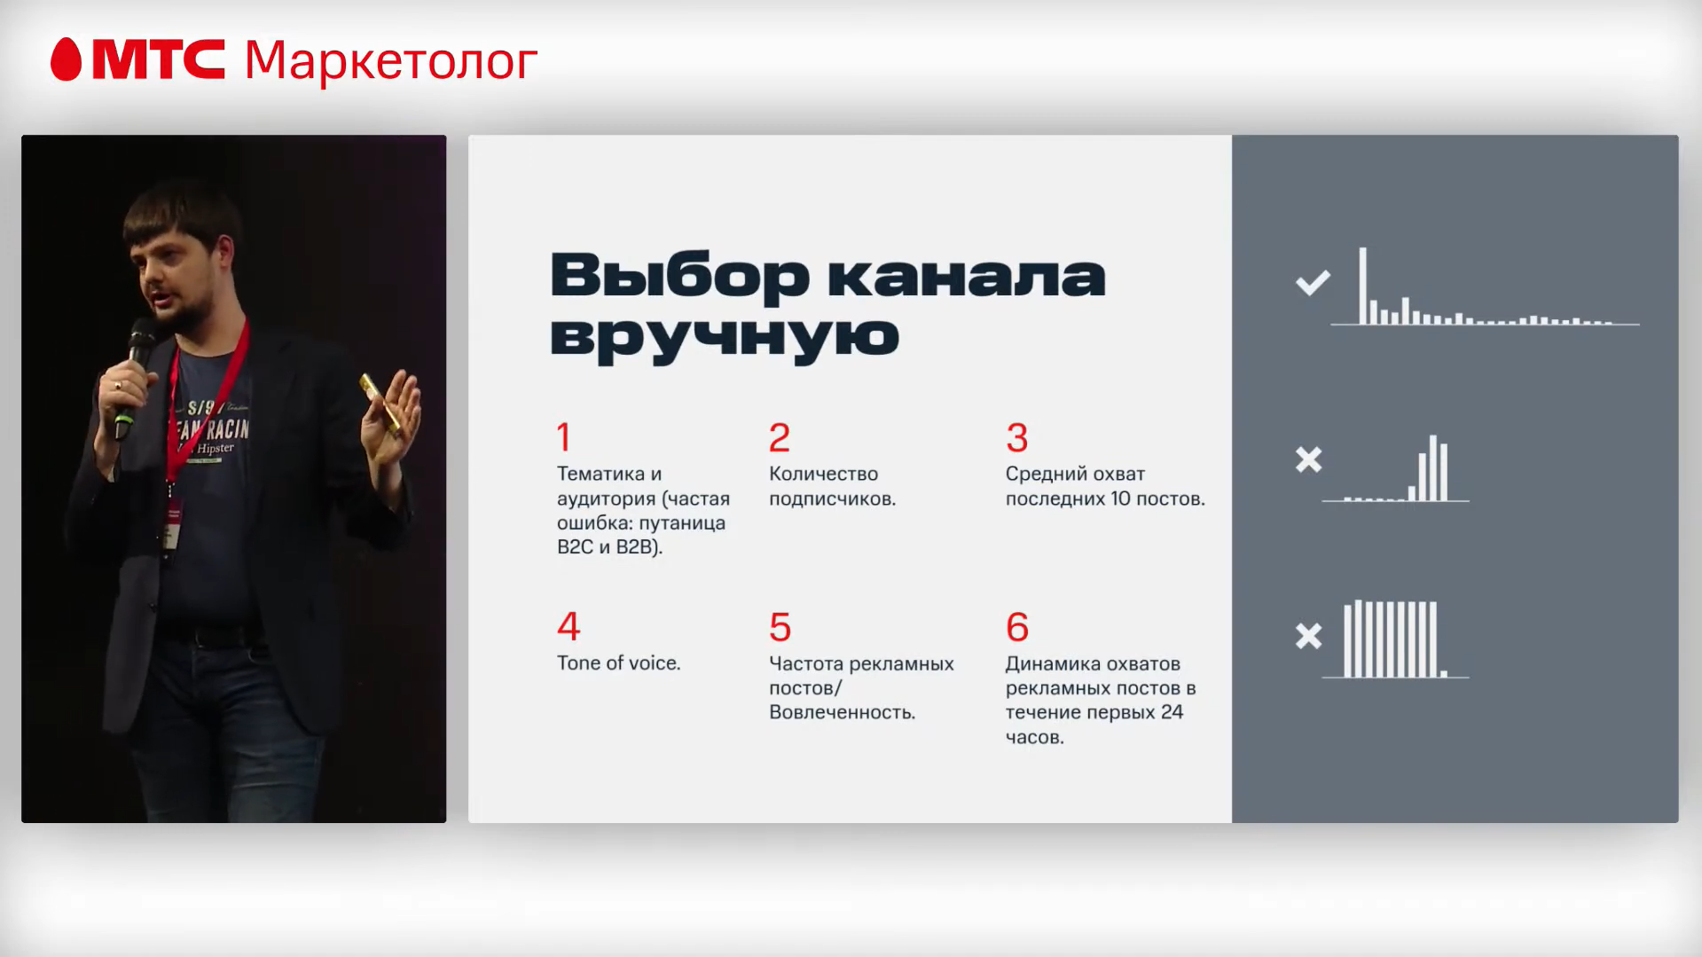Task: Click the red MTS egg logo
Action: point(66,59)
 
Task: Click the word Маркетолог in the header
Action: point(390,61)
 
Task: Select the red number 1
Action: point(564,437)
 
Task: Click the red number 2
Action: point(779,437)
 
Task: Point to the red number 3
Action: point(1016,437)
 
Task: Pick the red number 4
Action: point(569,626)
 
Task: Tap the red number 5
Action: point(780,627)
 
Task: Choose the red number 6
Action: point(1017,627)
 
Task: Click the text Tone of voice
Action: point(618,663)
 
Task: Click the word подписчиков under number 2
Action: point(832,498)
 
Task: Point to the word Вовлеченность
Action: point(842,712)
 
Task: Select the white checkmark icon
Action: point(1313,283)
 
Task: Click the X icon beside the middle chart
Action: point(1308,459)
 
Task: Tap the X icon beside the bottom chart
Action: point(1308,636)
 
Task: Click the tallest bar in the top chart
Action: point(1363,286)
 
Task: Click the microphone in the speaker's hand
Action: point(137,355)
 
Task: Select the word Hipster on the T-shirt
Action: point(216,449)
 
